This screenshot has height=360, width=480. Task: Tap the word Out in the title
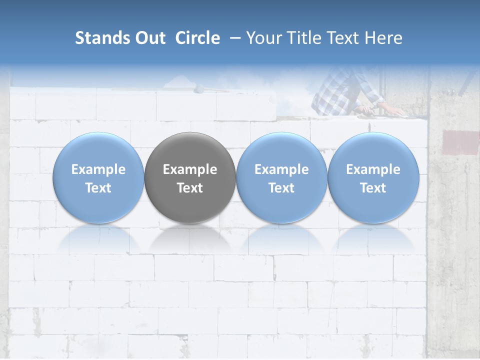pos(148,38)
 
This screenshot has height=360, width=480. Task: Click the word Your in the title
pos(263,38)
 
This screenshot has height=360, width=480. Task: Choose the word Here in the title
pos(383,38)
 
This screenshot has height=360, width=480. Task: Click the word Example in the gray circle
pos(190,169)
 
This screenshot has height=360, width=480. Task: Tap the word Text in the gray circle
pos(190,188)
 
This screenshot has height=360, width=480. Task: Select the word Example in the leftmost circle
pos(98,169)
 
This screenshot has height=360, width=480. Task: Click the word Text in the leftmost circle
pos(98,188)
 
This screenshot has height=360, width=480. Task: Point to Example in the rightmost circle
pos(373,169)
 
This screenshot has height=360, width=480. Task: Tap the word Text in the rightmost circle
pos(373,188)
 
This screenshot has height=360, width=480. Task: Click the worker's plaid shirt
pos(340,92)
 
